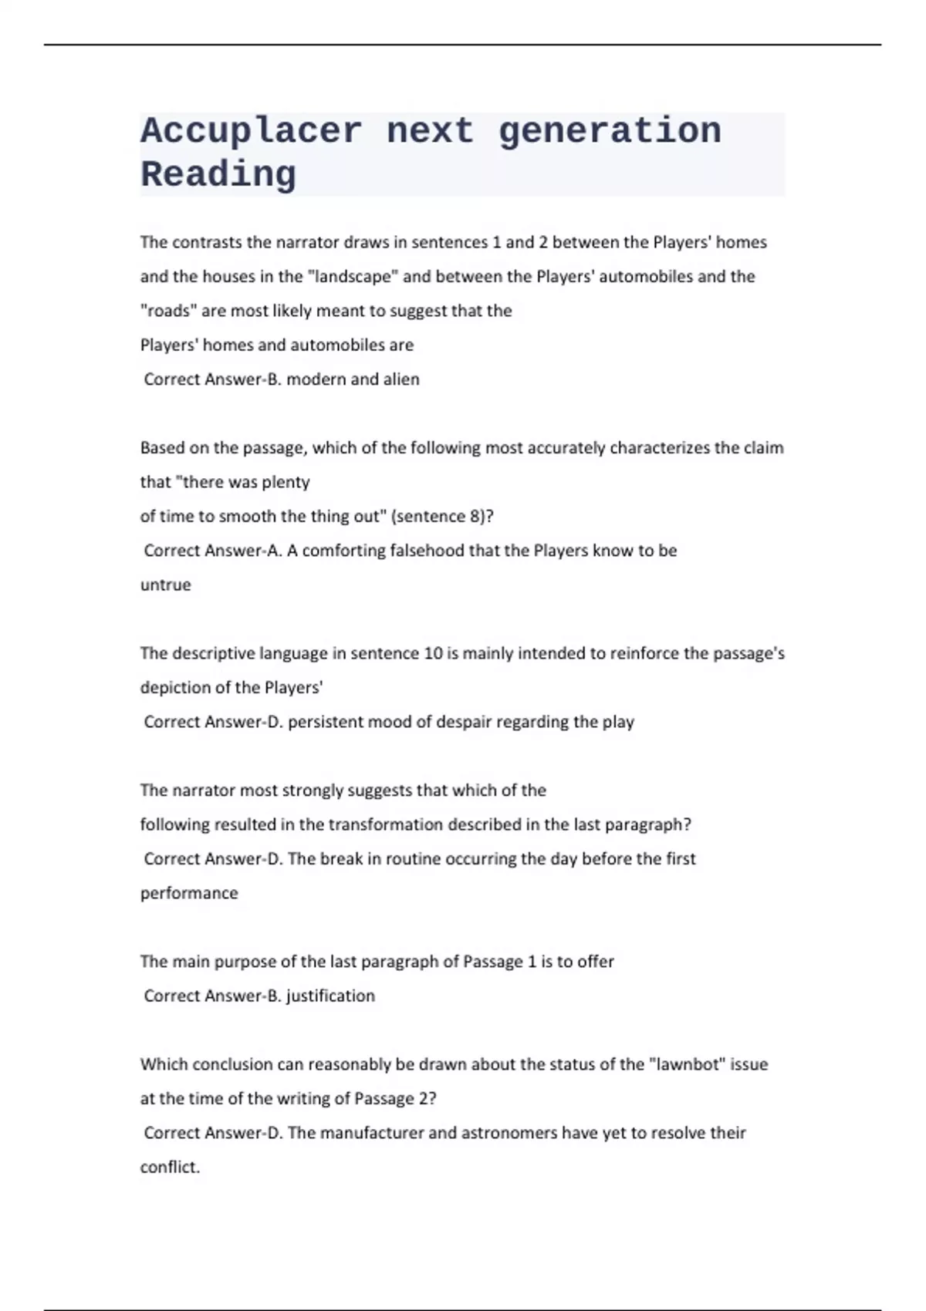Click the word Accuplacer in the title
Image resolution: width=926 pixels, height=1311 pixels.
[251, 131]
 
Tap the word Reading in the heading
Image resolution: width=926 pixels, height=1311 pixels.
[218, 175]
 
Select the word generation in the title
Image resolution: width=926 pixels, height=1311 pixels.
[610, 131]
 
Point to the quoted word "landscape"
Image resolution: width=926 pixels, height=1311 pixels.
[353, 277]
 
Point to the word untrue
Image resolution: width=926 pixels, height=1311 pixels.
[165, 585]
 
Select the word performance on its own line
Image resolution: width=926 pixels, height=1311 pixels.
[189, 893]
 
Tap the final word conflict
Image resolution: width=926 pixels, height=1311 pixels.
[169, 1167]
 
